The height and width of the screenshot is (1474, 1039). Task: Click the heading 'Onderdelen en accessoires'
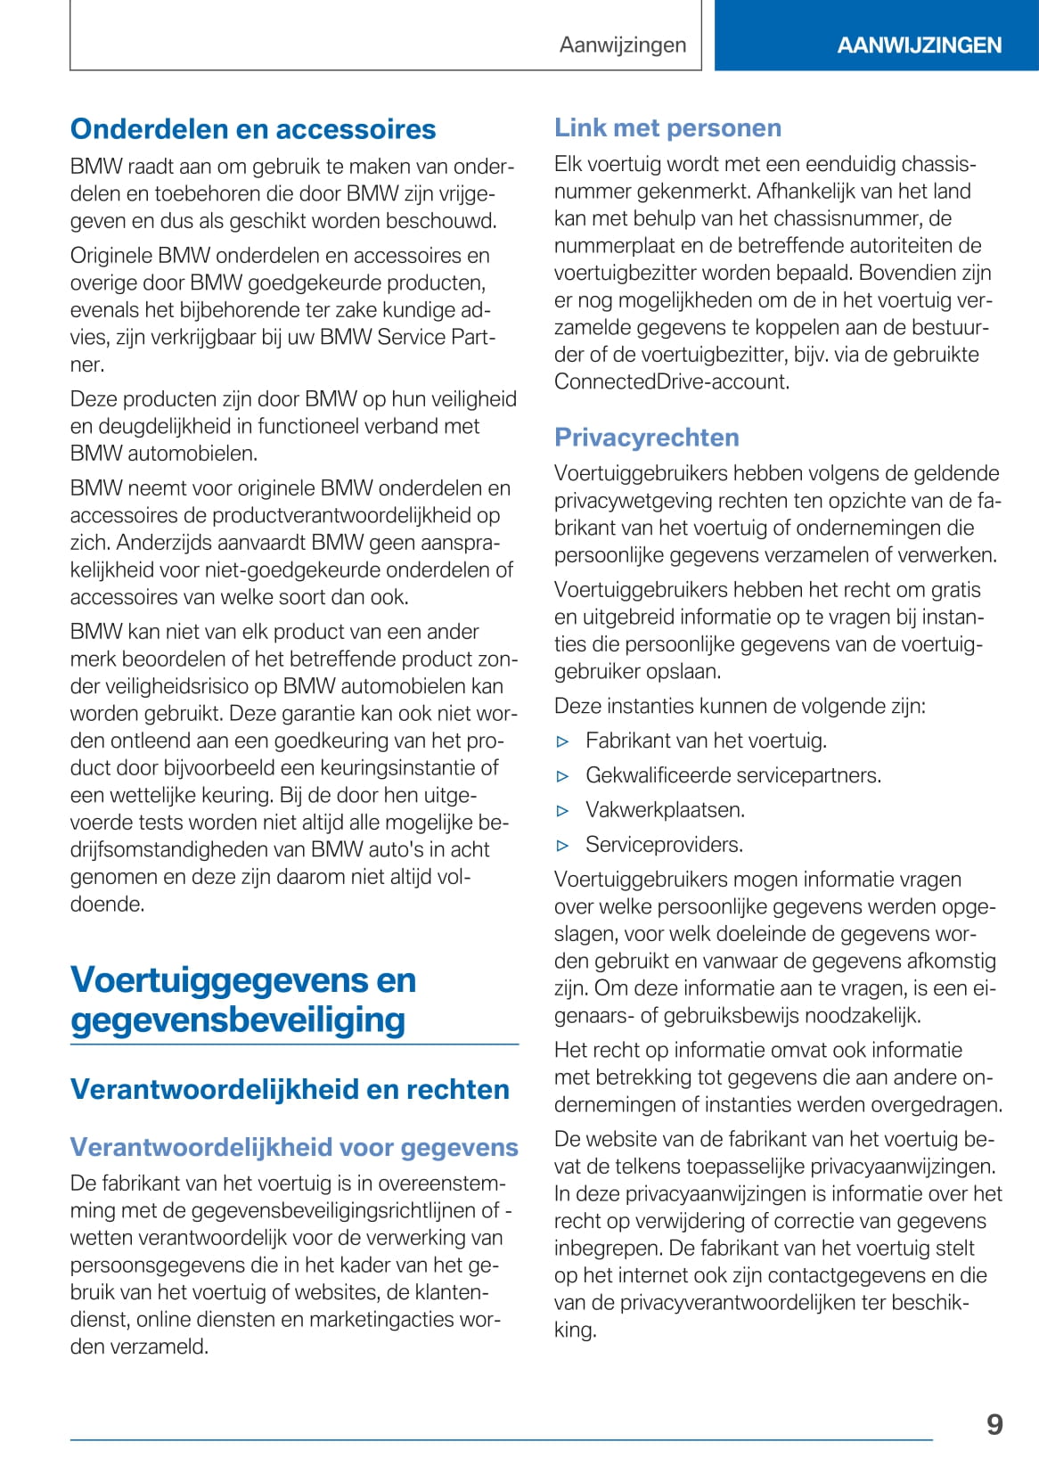[253, 129]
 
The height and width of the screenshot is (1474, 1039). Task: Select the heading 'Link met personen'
[667, 127]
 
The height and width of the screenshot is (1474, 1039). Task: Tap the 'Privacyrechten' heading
[647, 437]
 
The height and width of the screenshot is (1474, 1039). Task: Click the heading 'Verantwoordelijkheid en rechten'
[290, 1089]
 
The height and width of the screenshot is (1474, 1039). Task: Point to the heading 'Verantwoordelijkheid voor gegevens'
[294, 1147]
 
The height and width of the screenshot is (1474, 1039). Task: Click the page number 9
[994, 1424]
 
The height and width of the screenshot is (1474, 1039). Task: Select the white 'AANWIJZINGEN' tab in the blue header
[919, 45]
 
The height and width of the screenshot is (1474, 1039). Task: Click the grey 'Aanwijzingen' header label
[623, 45]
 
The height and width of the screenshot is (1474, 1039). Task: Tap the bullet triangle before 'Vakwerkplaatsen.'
[562, 811]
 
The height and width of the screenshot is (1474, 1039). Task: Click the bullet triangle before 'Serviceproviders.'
[562, 846]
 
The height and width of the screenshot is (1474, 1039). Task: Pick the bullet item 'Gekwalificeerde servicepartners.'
[732, 775]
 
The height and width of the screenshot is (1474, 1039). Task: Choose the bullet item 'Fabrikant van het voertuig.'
[706, 741]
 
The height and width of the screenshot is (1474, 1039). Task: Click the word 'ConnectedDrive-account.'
[672, 381]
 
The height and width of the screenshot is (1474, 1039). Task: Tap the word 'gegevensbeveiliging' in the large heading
[238, 1020]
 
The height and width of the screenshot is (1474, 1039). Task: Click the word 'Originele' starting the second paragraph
[111, 256]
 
